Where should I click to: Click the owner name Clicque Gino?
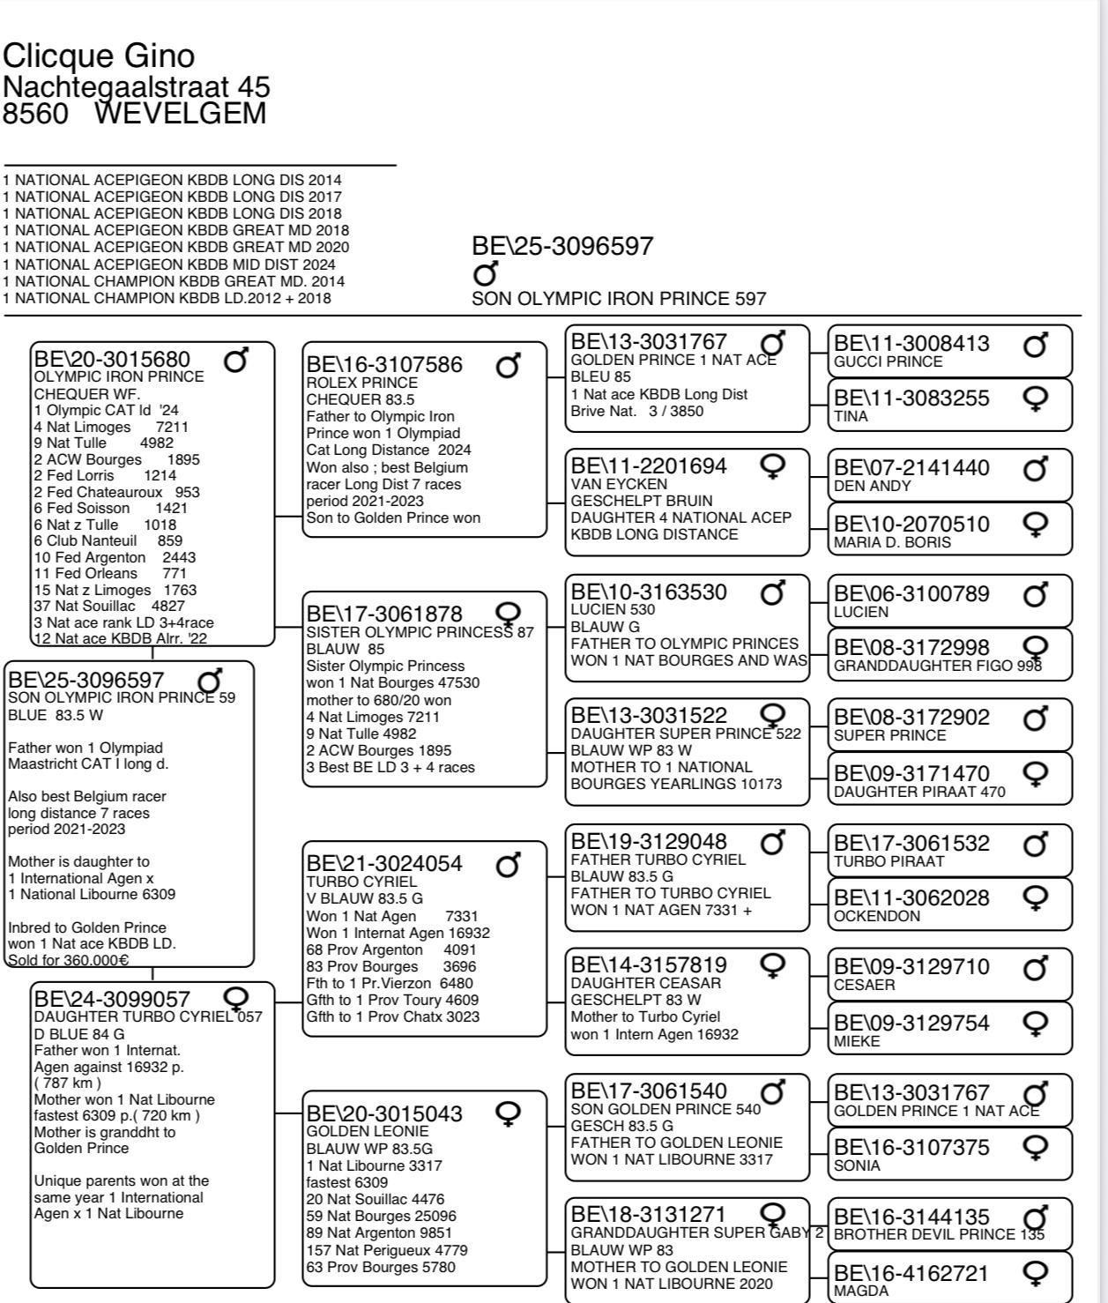(98, 56)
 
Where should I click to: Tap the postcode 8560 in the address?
(35, 114)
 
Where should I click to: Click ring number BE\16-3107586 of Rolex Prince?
(383, 364)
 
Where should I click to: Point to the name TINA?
(851, 416)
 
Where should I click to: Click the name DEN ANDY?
(873, 486)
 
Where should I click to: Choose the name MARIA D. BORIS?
(892, 542)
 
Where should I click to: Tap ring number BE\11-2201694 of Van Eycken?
(649, 465)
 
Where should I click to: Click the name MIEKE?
(857, 1041)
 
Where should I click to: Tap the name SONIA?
(857, 1165)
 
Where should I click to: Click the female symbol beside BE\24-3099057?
(236, 998)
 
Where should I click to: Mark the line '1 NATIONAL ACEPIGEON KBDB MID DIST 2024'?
(170, 264)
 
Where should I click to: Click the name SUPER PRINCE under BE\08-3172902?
(889, 735)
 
